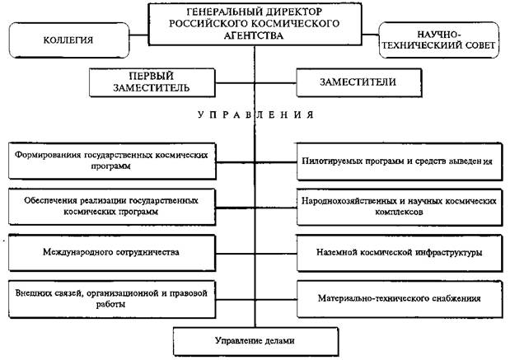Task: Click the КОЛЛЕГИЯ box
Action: (68, 39)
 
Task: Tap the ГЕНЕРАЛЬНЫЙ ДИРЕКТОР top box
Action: (255, 24)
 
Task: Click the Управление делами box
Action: (255, 339)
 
